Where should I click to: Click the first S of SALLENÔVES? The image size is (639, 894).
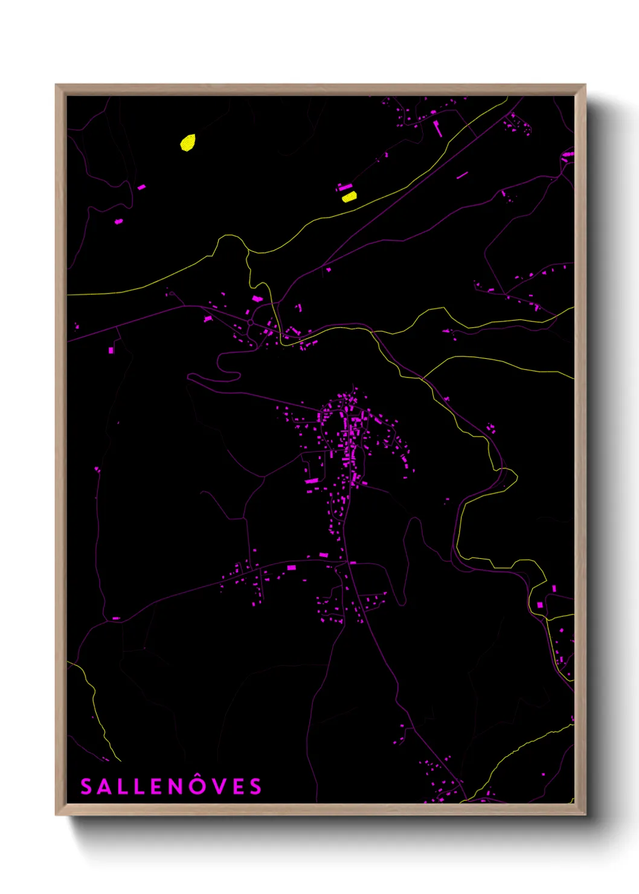point(86,786)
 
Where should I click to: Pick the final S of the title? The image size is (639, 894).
point(256,786)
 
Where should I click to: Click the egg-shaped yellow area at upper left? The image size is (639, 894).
point(188,143)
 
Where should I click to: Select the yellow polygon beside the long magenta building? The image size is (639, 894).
point(349,196)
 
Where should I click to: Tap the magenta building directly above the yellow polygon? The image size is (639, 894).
point(344,187)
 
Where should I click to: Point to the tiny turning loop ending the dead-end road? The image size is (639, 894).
point(172,294)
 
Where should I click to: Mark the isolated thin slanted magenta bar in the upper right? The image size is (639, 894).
point(462,175)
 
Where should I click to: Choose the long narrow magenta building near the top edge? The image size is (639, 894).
point(437,127)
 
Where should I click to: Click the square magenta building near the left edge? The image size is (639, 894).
point(111,350)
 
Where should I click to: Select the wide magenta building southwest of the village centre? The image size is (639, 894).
point(312,481)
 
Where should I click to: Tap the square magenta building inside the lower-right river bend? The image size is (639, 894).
point(539,605)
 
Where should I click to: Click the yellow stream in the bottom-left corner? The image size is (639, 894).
point(94,701)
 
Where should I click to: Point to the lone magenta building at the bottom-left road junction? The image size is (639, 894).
point(115,619)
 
